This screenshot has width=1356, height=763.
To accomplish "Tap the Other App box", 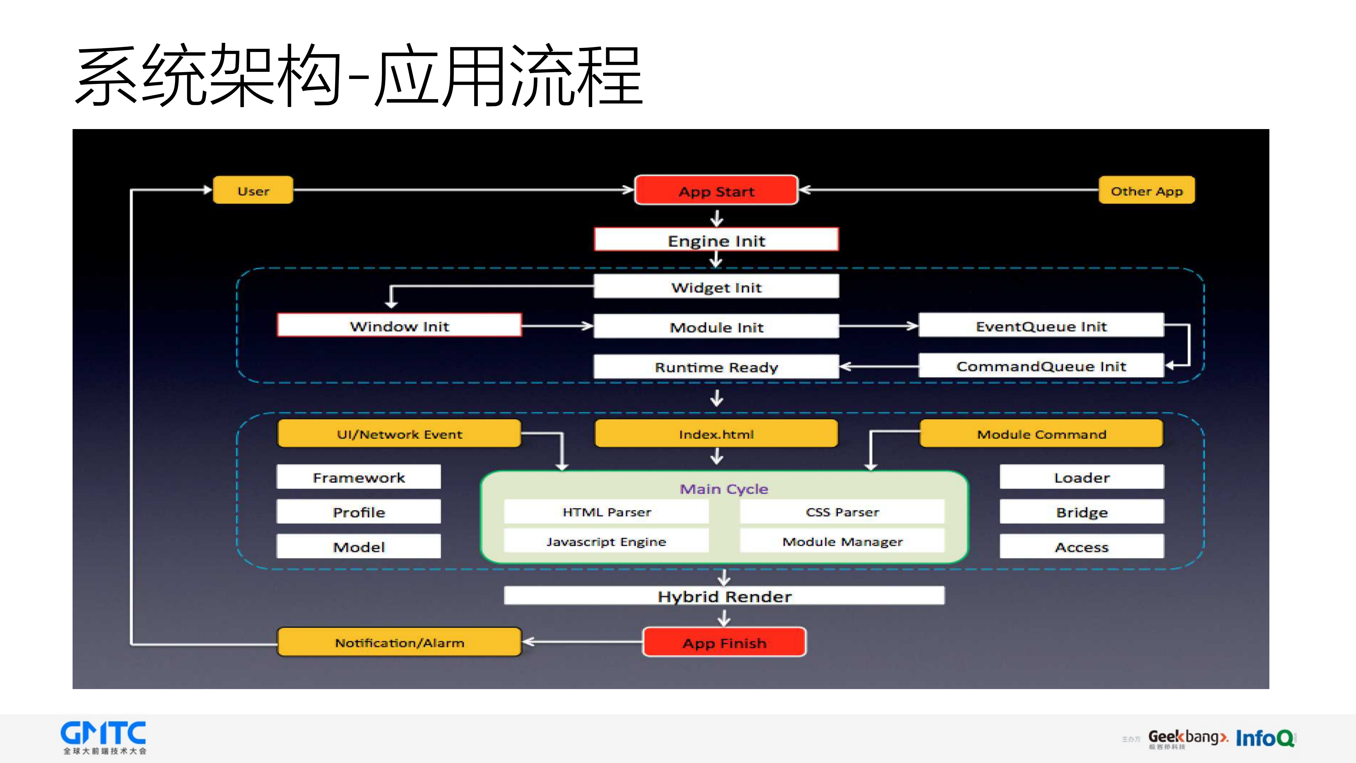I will coord(1146,191).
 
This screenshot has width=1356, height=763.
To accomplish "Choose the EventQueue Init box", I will coord(1041,326).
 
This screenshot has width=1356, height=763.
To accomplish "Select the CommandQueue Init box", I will coord(1041,366).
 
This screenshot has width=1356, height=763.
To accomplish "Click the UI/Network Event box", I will coord(399,434).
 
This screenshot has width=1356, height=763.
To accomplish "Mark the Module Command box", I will coord(1041,434).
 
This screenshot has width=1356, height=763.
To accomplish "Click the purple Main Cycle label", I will coord(724,489).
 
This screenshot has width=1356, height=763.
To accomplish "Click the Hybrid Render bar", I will coord(724,596).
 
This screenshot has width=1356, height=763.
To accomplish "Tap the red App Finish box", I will coord(724,642).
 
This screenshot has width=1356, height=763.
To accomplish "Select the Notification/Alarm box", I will coord(399,642).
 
